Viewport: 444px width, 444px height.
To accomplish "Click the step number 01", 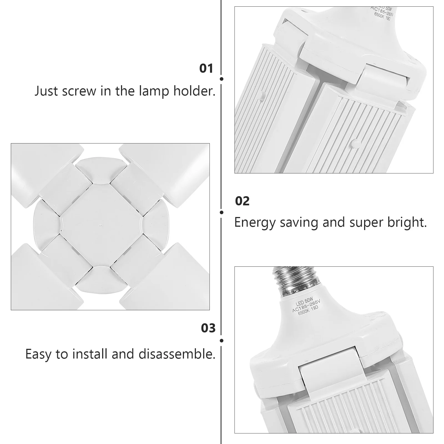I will click(x=206, y=69).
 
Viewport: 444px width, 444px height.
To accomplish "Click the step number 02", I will click(x=242, y=201).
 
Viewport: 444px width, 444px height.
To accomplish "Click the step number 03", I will click(x=208, y=328).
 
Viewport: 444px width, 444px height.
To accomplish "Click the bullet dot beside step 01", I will click(x=221, y=79).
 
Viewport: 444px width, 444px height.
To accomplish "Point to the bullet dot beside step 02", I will click(x=221, y=213).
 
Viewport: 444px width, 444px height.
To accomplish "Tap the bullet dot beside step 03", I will click(x=221, y=340).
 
